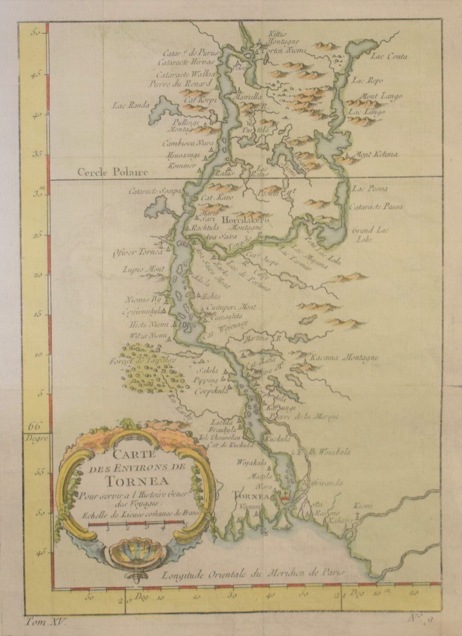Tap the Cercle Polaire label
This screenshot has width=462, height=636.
(113, 172)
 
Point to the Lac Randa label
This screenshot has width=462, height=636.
(131, 106)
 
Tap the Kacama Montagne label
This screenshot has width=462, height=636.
(344, 358)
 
